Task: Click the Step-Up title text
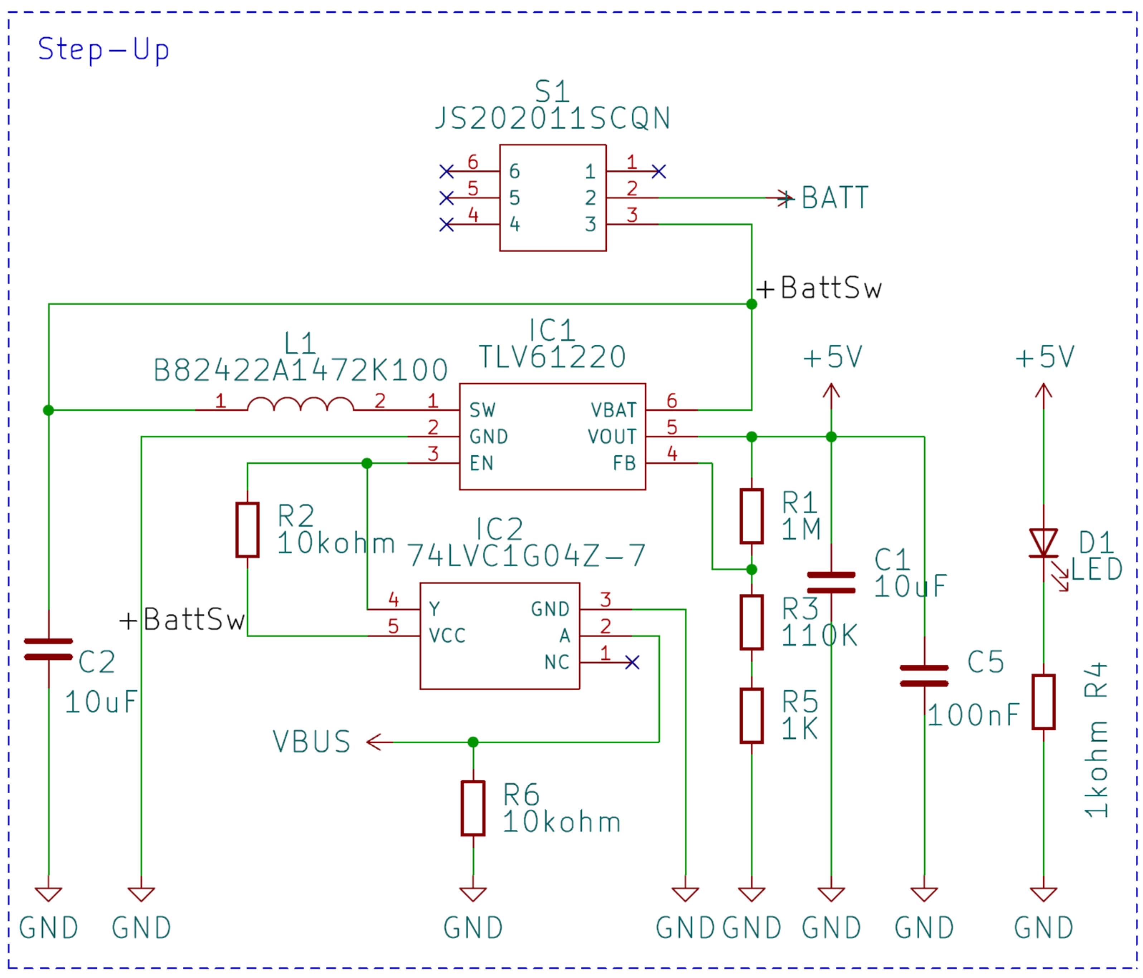(x=103, y=50)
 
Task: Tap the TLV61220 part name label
(x=552, y=357)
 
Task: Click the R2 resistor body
(x=247, y=529)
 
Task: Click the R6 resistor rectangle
(x=473, y=808)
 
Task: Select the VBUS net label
(x=312, y=742)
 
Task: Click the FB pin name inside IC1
(x=624, y=463)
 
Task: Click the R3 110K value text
(x=819, y=636)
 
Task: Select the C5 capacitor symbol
(x=924, y=676)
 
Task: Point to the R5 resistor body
(x=751, y=716)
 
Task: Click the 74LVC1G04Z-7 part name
(x=526, y=556)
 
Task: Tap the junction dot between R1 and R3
(x=751, y=569)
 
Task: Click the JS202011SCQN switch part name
(x=552, y=118)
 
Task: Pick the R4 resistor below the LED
(x=1043, y=702)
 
